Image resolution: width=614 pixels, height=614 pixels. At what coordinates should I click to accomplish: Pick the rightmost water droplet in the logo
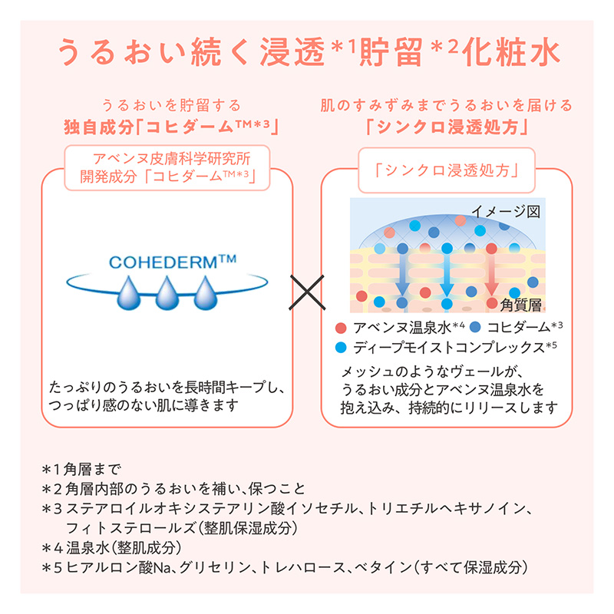point(208,294)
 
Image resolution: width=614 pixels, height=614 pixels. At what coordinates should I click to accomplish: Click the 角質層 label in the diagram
point(525,305)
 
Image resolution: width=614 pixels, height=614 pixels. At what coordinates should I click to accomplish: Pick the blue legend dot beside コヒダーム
point(475,326)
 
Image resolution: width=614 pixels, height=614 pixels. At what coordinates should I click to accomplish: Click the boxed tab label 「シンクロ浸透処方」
point(447,170)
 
